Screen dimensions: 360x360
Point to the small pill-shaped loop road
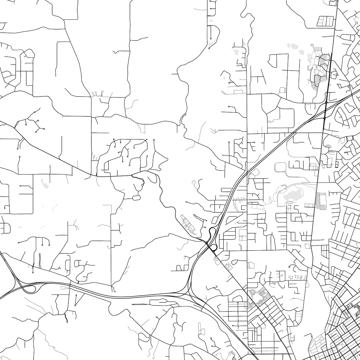pyautogui.click(x=136, y=198)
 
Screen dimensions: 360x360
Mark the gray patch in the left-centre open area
pyautogui.click(x=45, y=183)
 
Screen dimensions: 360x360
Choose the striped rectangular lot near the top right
pyautogui.click(x=325, y=21)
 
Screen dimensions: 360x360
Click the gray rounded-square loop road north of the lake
pyautogui.click(x=280, y=167)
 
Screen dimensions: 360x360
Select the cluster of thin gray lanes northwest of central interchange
pyautogui.click(x=188, y=223)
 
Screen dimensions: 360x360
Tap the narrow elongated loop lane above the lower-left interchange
pyautogui.click(x=39, y=261)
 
